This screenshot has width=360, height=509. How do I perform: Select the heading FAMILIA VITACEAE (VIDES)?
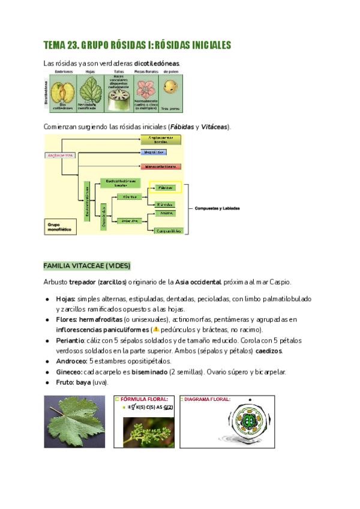point(86,266)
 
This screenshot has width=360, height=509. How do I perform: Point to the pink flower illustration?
point(145,88)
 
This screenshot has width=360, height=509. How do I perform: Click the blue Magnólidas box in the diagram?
point(161,152)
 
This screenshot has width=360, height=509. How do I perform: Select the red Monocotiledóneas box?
point(161,166)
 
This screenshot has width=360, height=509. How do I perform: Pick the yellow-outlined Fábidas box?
point(165,188)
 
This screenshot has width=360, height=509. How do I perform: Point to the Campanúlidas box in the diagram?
point(169,230)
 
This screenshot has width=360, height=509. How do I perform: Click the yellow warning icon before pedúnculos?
point(156,330)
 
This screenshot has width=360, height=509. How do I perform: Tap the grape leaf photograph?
point(74,421)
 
